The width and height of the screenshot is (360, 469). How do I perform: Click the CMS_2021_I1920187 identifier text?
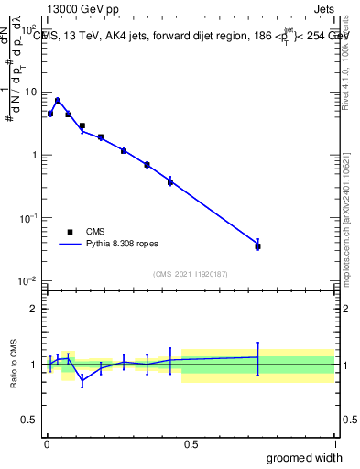click(x=190, y=273)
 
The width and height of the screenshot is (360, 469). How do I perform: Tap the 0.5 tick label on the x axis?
click(x=191, y=443)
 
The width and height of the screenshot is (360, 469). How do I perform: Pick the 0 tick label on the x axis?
click(x=47, y=443)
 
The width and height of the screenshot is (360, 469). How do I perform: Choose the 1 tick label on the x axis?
click(x=334, y=443)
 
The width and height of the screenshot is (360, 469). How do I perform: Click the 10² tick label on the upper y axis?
click(x=29, y=30)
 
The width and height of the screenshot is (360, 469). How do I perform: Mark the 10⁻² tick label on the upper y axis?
click(x=29, y=281)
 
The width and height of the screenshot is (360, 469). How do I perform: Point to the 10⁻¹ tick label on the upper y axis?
click(x=29, y=218)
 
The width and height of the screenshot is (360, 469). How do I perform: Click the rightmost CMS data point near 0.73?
click(x=258, y=246)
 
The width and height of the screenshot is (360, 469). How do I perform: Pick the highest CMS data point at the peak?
click(x=58, y=101)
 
